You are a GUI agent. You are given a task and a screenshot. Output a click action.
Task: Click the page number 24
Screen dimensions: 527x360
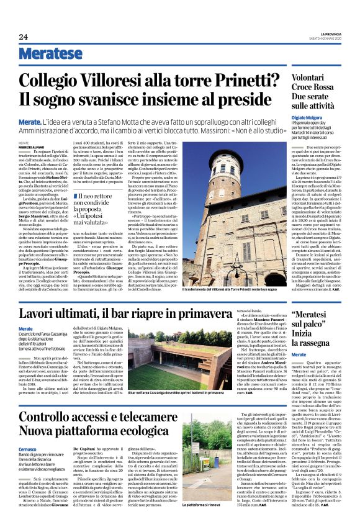click(x=24, y=37)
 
